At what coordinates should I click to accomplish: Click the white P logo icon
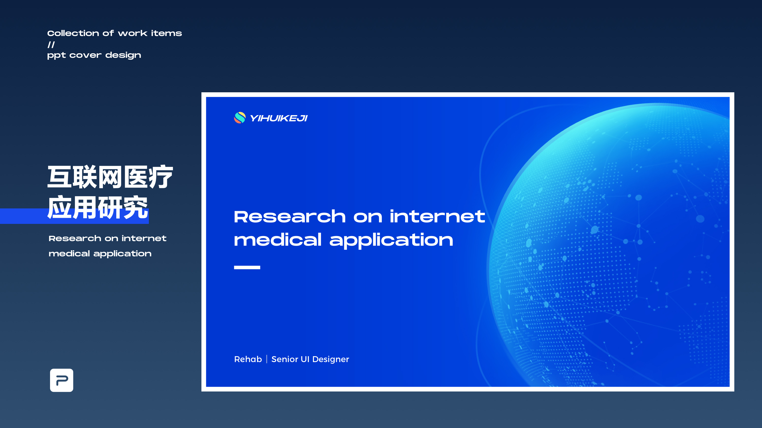61,380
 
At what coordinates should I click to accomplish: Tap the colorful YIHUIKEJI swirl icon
240,118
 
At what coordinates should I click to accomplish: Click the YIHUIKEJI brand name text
279,118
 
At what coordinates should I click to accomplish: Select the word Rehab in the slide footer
248,359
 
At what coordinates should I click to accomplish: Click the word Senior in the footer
284,359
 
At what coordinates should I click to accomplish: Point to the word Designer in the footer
331,360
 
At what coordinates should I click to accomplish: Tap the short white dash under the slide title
247,267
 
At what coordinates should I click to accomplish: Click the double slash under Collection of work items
51,45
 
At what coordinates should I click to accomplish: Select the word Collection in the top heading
73,33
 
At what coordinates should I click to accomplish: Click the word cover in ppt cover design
86,55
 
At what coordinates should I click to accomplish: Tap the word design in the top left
123,55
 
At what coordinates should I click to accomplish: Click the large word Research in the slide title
290,217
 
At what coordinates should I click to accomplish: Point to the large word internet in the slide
437,216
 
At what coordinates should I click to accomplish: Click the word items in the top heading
167,33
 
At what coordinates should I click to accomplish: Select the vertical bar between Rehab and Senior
266,359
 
